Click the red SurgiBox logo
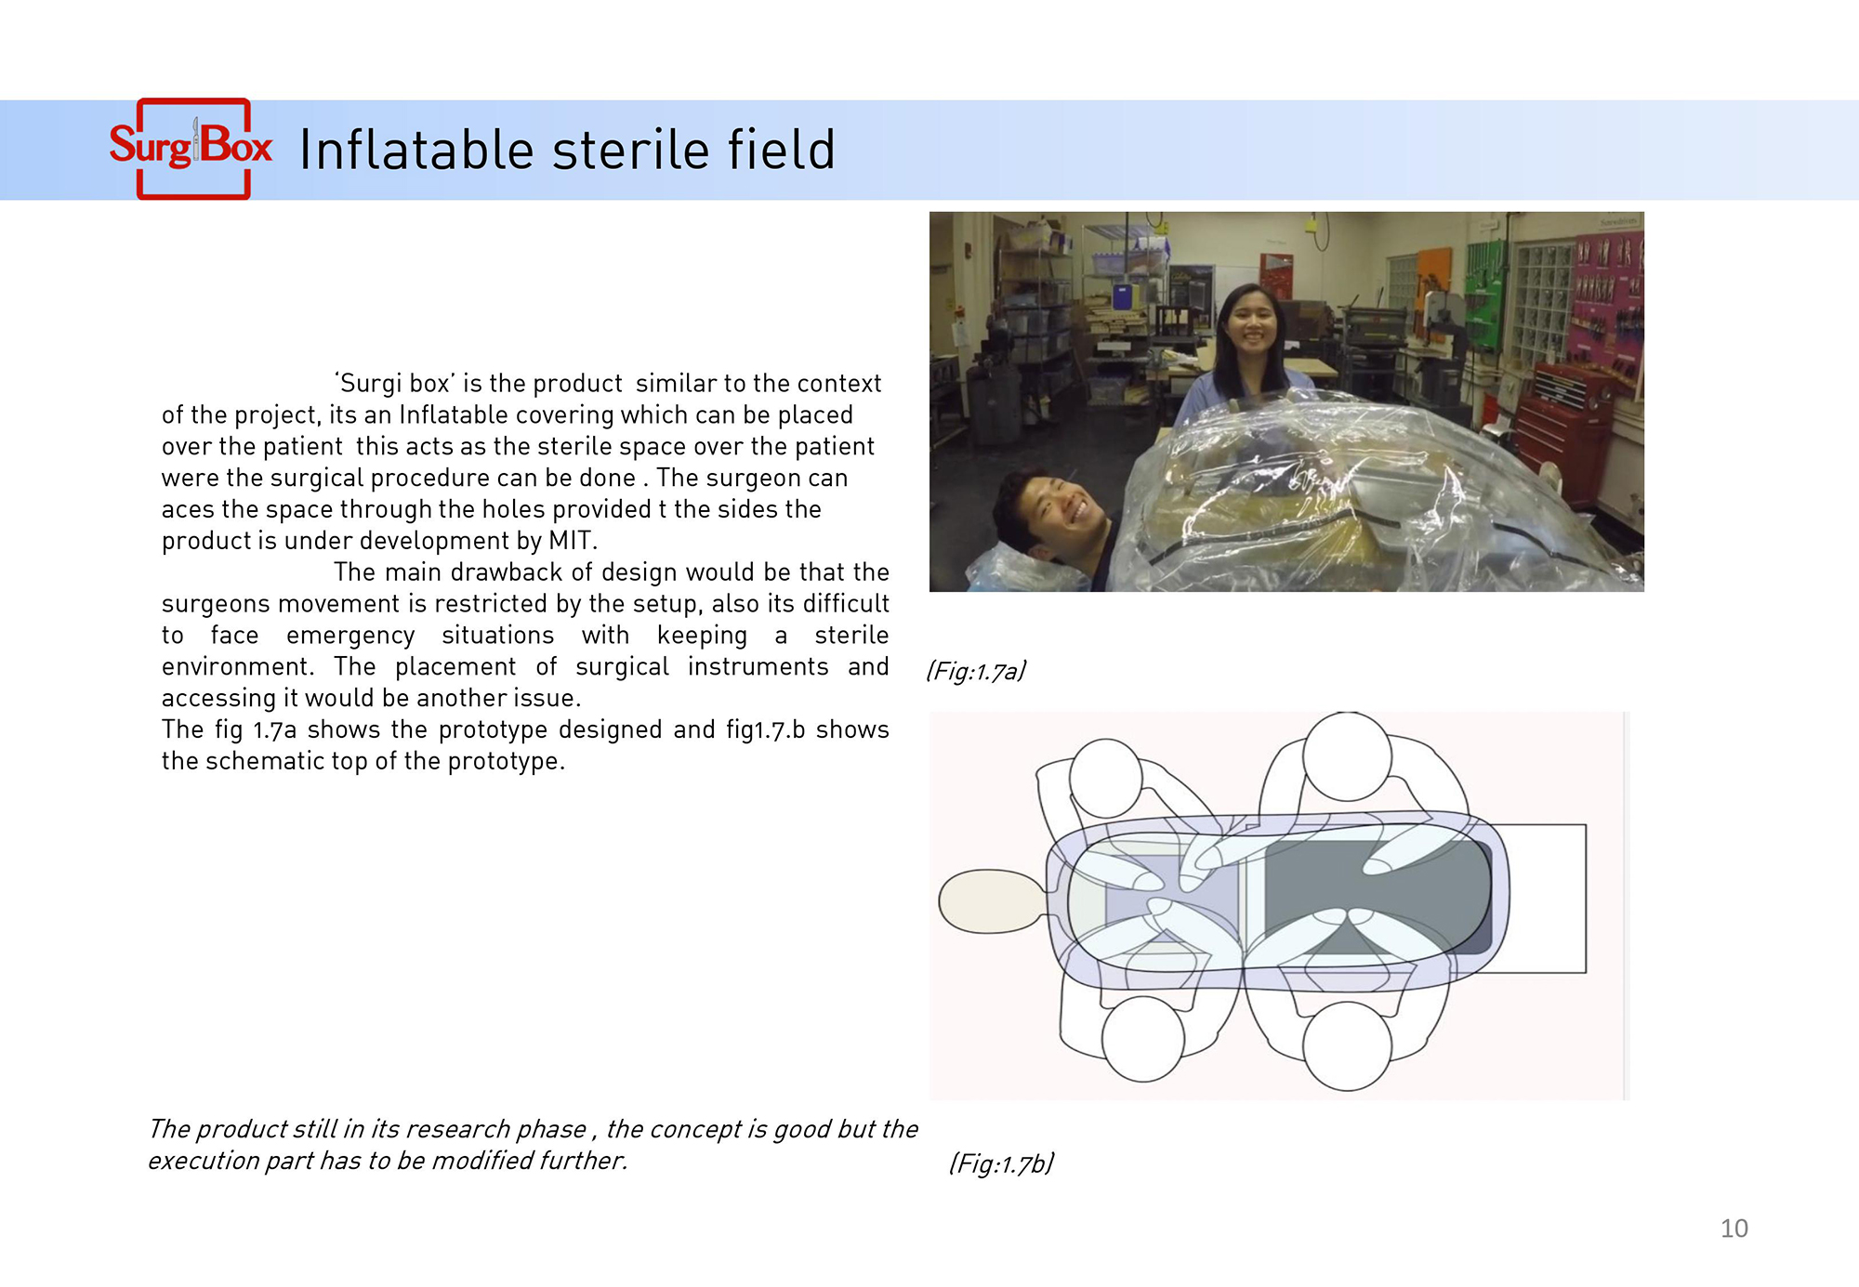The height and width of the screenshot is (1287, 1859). coord(191,149)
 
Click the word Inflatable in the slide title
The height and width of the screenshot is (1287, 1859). coord(416,150)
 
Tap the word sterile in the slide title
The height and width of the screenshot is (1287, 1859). coord(631,150)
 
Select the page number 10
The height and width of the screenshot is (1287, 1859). coord(1734,1228)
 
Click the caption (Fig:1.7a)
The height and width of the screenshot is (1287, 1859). coord(976,671)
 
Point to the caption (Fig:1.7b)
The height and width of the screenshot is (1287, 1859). coord(1001,1163)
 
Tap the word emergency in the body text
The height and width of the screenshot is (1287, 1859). coord(350,636)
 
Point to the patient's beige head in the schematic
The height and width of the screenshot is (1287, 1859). coord(991,901)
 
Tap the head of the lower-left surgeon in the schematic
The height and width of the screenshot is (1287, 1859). coord(1143,1039)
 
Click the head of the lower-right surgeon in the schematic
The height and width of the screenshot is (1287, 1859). coord(1347,1046)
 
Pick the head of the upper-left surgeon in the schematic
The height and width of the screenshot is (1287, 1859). coord(1106,779)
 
